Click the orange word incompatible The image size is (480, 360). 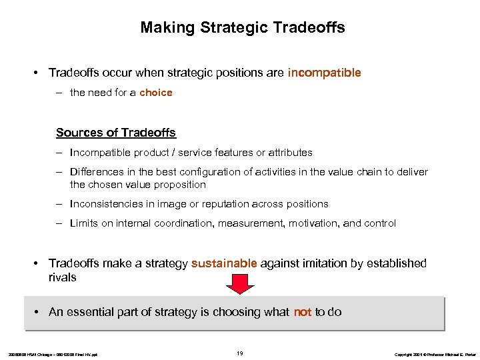coord(324,73)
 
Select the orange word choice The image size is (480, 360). coord(156,93)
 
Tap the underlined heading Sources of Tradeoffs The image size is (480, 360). coord(116,133)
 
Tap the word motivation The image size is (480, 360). coord(313,223)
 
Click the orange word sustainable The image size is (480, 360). coord(224,263)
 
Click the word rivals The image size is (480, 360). coord(63,277)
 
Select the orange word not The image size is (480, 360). coord(303,312)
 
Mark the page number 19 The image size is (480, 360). coord(240,352)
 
